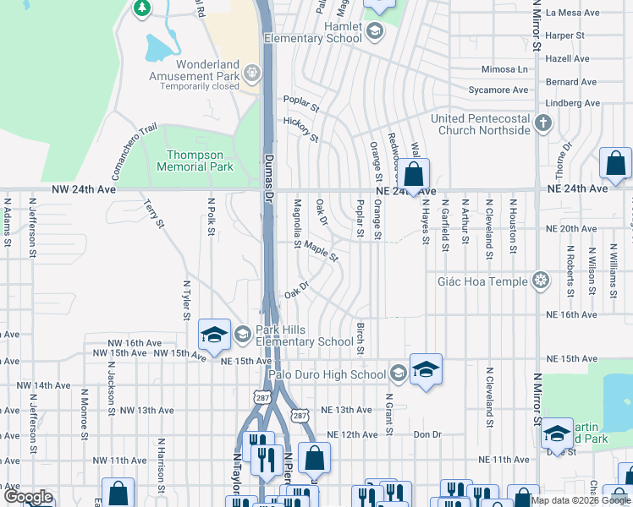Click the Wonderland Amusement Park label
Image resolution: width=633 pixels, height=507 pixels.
tap(207, 71)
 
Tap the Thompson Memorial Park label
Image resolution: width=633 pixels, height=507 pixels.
tap(195, 161)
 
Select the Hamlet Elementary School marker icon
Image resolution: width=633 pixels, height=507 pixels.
tap(375, 32)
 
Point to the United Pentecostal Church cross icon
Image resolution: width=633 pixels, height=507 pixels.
tap(542, 124)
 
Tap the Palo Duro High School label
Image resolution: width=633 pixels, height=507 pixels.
tap(327, 374)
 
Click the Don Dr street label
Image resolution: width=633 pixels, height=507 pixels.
tap(427, 434)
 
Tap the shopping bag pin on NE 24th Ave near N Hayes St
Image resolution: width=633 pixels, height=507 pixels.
tap(414, 175)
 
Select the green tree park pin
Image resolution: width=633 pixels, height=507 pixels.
tap(142, 8)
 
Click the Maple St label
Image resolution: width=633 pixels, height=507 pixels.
tap(322, 251)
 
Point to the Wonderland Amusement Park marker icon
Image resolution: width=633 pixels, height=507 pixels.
tap(251, 73)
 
